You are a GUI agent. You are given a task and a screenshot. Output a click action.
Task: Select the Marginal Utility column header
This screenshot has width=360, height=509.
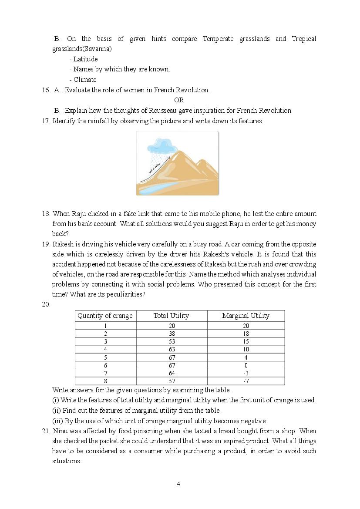[x=246, y=316]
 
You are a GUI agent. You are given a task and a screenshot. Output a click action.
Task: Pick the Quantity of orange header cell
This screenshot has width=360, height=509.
[x=105, y=316]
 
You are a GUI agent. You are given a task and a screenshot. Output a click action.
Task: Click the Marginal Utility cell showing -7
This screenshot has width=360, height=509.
[x=246, y=381]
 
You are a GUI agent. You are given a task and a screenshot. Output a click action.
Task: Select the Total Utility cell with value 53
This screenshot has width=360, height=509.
[x=172, y=341]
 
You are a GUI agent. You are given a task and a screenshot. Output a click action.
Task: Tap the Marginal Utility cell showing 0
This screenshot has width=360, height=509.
[x=246, y=365]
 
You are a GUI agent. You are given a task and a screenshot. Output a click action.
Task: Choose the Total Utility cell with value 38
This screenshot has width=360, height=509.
[x=172, y=334]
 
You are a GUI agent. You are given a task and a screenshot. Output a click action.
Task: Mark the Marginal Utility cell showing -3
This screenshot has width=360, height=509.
[x=246, y=374]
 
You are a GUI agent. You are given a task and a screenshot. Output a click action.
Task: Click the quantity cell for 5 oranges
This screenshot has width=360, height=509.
[x=105, y=357]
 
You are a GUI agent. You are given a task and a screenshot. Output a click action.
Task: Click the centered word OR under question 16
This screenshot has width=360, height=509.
[x=179, y=100]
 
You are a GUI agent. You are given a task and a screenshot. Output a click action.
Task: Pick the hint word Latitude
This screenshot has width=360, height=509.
[x=85, y=59]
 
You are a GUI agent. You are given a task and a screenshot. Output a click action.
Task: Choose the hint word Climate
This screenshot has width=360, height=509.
[x=85, y=80]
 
